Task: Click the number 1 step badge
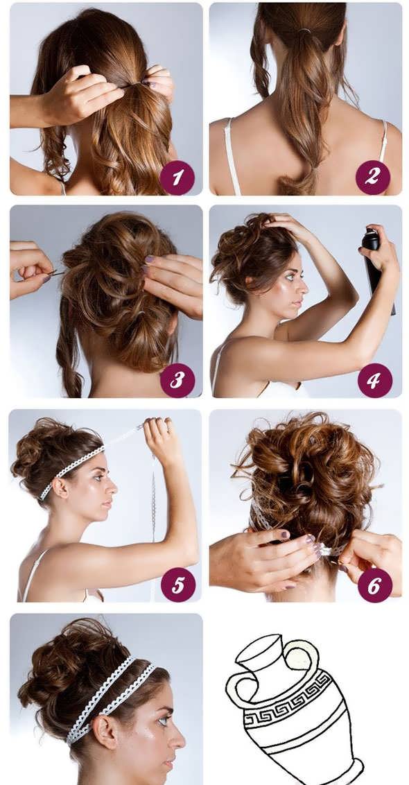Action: tap(176, 178)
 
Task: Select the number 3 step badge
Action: tap(177, 381)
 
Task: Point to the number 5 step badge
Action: tap(177, 585)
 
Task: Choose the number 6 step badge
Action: tap(374, 585)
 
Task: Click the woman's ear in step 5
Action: tap(61, 487)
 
